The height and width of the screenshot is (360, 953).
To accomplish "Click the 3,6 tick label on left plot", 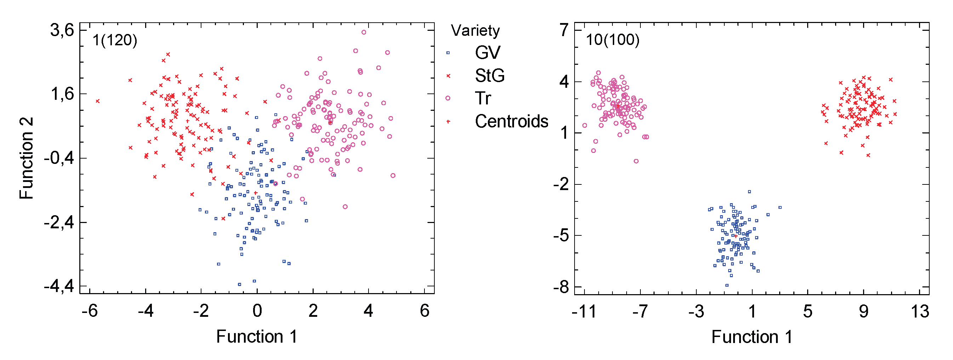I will click(x=62, y=30).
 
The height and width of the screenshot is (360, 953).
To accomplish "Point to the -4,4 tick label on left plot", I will click(x=59, y=287).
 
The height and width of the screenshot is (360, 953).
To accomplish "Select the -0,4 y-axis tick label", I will click(x=59, y=158).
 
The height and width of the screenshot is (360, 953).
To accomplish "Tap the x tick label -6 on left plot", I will click(x=90, y=311).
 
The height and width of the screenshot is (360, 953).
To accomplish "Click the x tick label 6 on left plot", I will click(x=424, y=311).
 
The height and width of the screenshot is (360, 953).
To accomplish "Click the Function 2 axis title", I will click(x=27, y=158).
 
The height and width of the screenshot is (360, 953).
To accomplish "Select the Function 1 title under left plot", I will click(x=256, y=337).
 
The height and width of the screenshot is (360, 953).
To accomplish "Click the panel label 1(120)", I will click(x=115, y=40).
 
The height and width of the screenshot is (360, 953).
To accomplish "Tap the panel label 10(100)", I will click(x=613, y=40).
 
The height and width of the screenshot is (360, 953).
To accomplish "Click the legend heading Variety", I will click(x=475, y=30).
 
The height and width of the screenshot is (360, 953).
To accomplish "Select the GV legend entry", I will click(x=487, y=52).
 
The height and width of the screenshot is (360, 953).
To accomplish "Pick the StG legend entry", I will click(x=490, y=76).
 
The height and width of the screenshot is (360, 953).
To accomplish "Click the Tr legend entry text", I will click(x=483, y=98).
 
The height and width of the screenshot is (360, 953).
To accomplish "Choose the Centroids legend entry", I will click(x=511, y=121).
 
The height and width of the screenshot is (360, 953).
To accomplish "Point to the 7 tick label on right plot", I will click(x=564, y=30).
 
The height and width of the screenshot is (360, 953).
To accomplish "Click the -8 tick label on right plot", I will click(x=561, y=287).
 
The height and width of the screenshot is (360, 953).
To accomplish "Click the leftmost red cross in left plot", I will click(x=98, y=101).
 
